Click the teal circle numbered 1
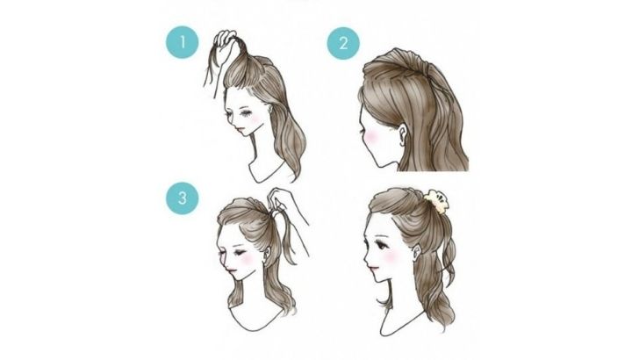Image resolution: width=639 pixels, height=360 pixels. pos(183,42)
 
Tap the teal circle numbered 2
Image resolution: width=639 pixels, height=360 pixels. pos(343,43)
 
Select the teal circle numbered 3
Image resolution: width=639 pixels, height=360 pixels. pos(183,198)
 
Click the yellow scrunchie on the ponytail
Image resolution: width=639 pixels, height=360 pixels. pos(436,201)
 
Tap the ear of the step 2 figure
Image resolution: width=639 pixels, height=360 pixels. pos(402,134)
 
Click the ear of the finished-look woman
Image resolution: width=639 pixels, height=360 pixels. pos(417,252)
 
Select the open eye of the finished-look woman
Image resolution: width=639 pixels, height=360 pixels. pos(383,245)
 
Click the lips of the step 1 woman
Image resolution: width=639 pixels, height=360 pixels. pos(241,129)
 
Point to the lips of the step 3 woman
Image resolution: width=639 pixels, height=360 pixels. pos(231,270)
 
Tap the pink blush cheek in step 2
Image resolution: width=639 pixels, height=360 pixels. pos(370,137)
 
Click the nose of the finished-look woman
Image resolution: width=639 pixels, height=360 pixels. pos(366,256)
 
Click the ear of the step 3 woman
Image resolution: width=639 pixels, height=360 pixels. pos(267,254)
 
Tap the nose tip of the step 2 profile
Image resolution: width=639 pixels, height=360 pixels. pos(360,132)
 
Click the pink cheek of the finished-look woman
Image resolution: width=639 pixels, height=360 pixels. pos(391,256)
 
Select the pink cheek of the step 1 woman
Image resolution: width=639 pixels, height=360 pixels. pos(255,119)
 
